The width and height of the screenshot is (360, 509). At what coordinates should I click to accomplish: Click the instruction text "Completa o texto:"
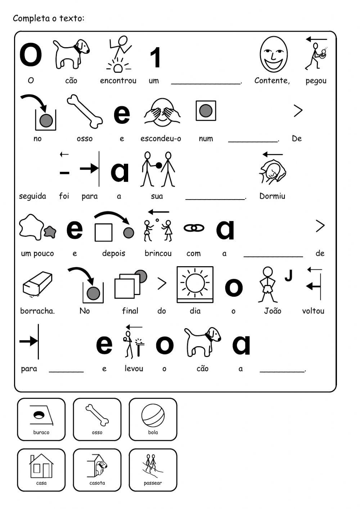coord(49,18)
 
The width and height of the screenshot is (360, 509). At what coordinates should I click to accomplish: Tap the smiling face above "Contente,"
coord(274,55)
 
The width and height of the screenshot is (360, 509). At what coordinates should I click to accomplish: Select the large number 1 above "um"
coord(155,58)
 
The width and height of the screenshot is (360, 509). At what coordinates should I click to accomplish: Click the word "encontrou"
coord(118,81)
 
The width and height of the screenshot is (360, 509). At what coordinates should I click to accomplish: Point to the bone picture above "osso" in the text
coord(85,111)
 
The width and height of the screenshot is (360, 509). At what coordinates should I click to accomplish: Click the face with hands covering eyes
coord(162,112)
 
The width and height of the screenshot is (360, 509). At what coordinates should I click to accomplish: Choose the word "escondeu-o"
coord(161,139)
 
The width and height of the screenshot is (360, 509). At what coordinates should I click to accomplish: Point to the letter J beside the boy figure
coord(288,276)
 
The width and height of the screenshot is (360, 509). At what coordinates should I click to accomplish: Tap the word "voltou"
coord(313,311)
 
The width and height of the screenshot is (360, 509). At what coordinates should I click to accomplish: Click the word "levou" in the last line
coord(134,369)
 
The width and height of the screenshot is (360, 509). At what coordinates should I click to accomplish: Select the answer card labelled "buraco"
coord(41,419)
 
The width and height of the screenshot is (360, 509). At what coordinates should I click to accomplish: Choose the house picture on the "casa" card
coord(41,466)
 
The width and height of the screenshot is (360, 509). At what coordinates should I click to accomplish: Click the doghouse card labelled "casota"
coord(97,470)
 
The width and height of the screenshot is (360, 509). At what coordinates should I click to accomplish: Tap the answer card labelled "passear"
coord(153,470)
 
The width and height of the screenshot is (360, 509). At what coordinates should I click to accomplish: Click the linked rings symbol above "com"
coord(194,228)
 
